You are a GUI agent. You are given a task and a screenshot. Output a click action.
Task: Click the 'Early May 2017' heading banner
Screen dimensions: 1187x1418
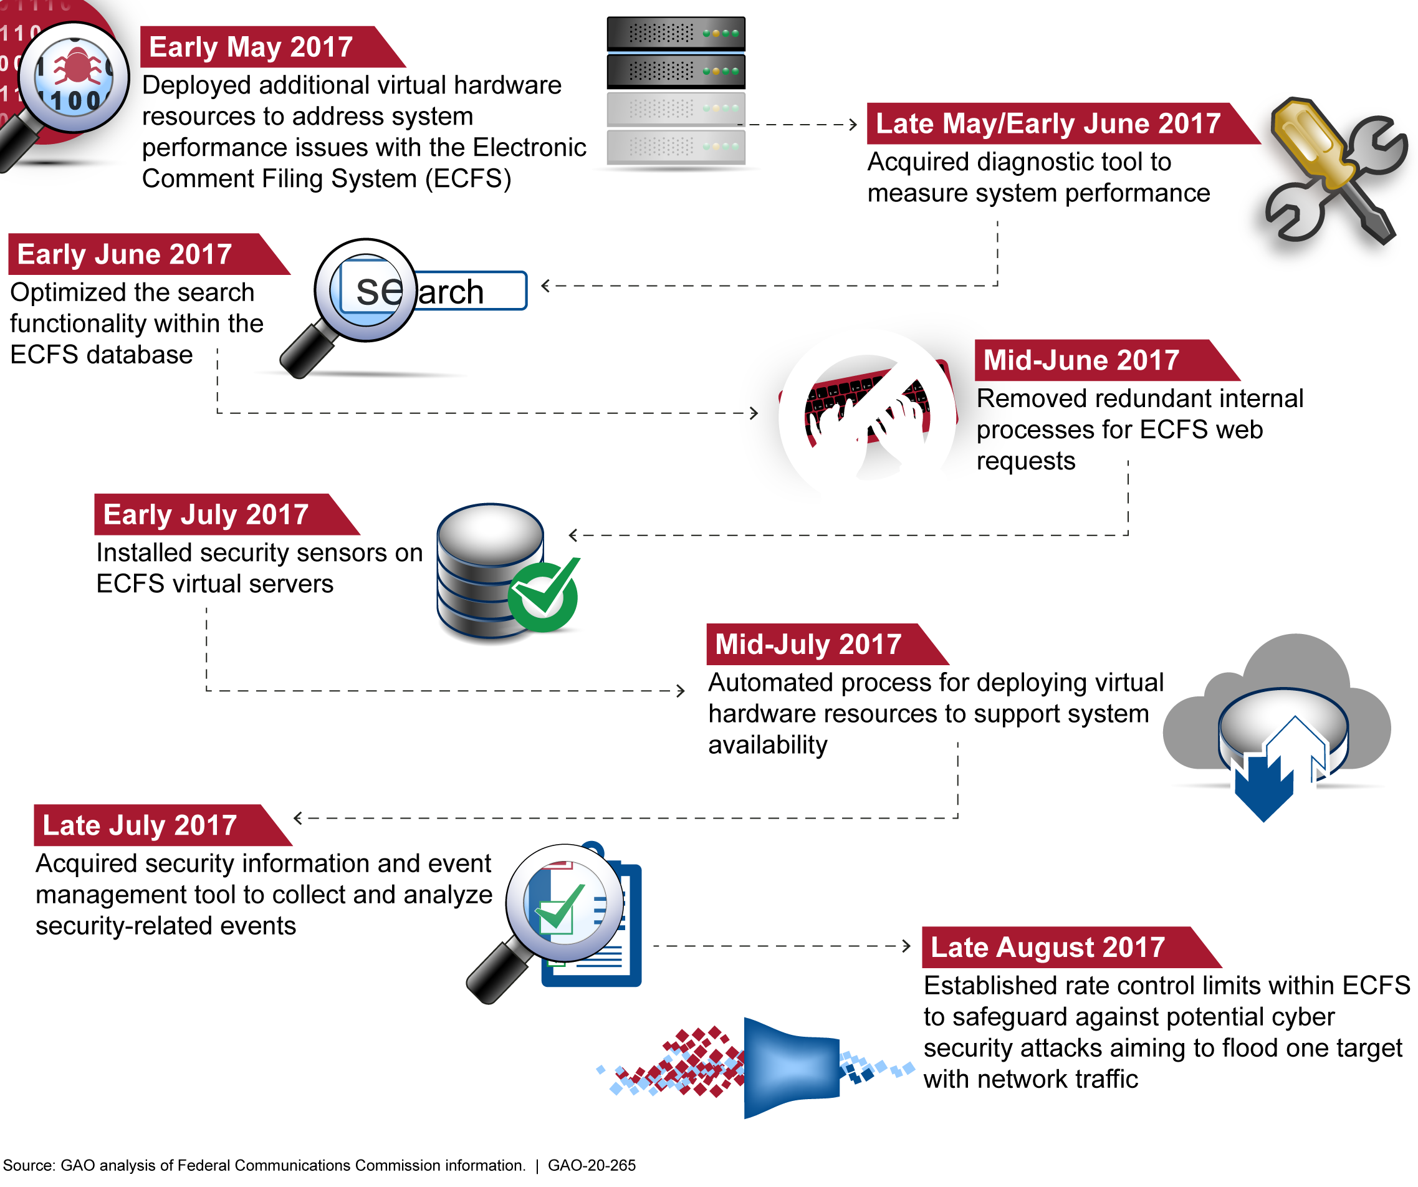(251, 47)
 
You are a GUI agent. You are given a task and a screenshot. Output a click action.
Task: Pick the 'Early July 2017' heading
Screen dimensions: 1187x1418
(206, 514)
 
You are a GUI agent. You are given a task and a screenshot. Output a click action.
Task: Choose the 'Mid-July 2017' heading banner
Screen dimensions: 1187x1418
(808, 644)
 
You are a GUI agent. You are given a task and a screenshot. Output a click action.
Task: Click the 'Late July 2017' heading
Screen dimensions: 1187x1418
(140, 825)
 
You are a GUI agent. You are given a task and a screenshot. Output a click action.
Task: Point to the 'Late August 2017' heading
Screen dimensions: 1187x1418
(1047, 948)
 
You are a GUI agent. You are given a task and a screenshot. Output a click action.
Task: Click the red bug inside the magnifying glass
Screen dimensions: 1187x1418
(76, 67)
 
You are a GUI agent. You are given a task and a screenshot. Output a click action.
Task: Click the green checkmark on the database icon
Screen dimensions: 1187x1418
(545, 593)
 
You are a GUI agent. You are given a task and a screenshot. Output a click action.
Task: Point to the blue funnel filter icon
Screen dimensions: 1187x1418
(790, 1067)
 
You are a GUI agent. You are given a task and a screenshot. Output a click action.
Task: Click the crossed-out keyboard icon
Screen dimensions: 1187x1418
(868, 413)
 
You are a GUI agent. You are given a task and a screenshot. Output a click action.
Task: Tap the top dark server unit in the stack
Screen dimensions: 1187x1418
(676, 33)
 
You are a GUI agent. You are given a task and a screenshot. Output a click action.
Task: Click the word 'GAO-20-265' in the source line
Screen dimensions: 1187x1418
(592, 1165)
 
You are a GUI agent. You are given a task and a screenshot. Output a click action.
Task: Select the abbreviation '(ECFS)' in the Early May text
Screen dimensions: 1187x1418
(468, 179)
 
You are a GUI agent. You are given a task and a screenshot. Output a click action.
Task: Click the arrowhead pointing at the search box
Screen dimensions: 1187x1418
(545, 286)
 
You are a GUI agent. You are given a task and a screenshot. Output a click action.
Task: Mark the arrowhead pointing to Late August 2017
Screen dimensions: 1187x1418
(907, 946)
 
